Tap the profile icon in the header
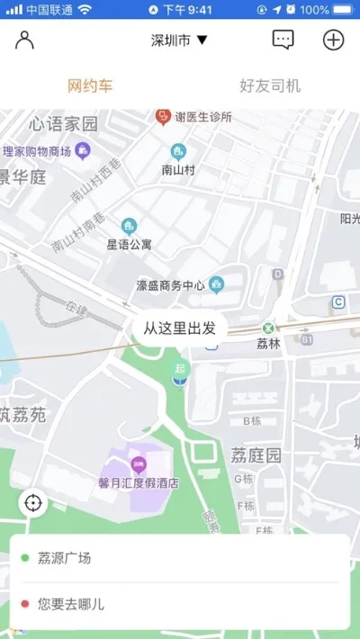(24, 40)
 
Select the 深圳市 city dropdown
(179, 40)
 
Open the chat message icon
(283, 40)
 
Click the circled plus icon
(334, 40)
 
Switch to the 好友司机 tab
(270, 86)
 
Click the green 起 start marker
(182, 369)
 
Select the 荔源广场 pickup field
(180, 558)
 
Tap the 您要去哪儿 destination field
(180, 604)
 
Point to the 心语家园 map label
(63, 123)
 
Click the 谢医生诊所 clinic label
(202, 117)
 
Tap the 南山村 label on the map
(178, 168)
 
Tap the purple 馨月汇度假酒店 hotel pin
(139, 465)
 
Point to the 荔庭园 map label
(256, 455)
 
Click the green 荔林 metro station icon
(268, 328)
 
